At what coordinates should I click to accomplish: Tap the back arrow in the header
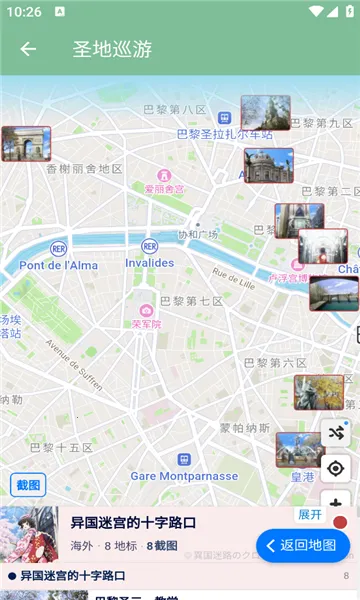[28, 48]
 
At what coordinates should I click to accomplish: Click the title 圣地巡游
[112, 48]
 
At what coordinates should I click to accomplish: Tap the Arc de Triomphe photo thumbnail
[26, 144]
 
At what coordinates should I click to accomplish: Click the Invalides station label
[149, 263]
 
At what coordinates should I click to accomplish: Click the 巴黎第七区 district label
[191, 301]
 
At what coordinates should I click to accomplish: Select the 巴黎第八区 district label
[175, 109]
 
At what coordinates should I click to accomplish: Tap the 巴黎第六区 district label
[275, 362]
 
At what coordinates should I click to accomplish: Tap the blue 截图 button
[29, 485]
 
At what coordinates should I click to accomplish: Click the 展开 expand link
[310, 514]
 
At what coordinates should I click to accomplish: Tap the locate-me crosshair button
[335, 468]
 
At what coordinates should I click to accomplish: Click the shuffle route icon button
[335, 433]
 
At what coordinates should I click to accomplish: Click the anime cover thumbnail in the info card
[29, 535]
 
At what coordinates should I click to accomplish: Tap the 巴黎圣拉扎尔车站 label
[224, 133]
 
